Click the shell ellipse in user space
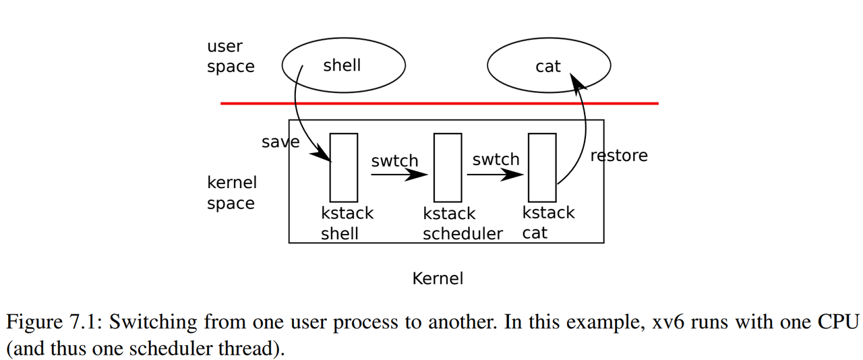[343, 65]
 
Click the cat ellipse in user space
[548, 66]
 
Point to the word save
[280, 142]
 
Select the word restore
[618, 156]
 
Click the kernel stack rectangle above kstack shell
[343, 167]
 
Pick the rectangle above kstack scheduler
[448, 167]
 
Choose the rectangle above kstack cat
[542, 167]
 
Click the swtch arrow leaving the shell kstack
[398, 175]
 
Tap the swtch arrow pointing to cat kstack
[496, 175]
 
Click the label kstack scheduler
[463, 224]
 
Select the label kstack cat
[548, 222]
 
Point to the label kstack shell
[347, 223]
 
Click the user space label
[231, 57]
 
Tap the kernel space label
[231, 193]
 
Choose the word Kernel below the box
[438, 278]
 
